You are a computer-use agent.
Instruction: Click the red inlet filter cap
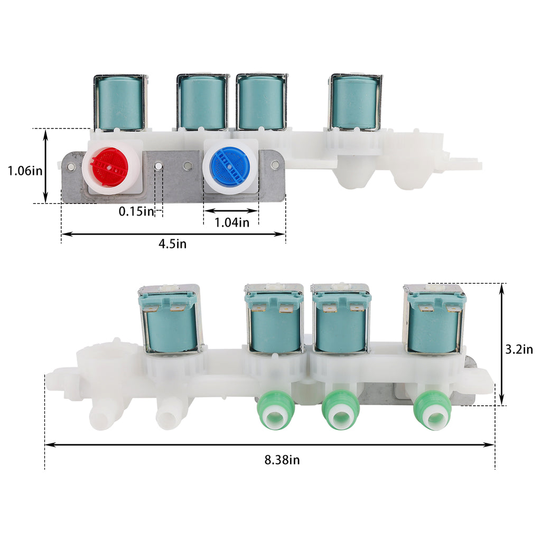click(x=109, y=167)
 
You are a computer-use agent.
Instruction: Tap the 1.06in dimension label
click(x=25, y=171)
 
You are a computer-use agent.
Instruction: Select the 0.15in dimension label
click(x=136, y=211)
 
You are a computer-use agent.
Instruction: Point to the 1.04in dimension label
click(x=232, y=222)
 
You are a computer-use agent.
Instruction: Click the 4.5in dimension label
click(x=173, y=244)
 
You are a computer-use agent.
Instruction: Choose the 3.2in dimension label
click(x=519, y=349)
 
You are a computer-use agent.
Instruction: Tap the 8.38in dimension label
click(x=282, y=460)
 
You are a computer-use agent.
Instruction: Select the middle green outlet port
click(x=341, y=411)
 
